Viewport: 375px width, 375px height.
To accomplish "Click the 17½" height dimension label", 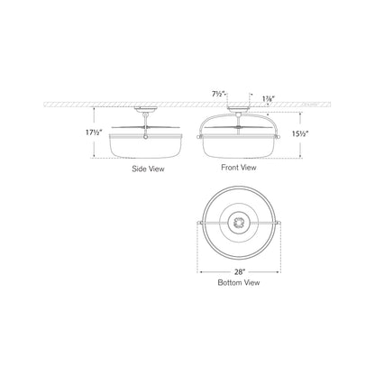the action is [95, 133].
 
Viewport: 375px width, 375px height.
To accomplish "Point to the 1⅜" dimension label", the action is [268, 98].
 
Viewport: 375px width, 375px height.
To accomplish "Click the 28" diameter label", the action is [240, 272].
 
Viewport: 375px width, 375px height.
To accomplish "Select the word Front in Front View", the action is [230, 168].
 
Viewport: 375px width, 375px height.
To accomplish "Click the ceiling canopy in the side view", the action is [146, 109].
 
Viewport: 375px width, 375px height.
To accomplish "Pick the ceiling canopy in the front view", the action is [239, 109].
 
